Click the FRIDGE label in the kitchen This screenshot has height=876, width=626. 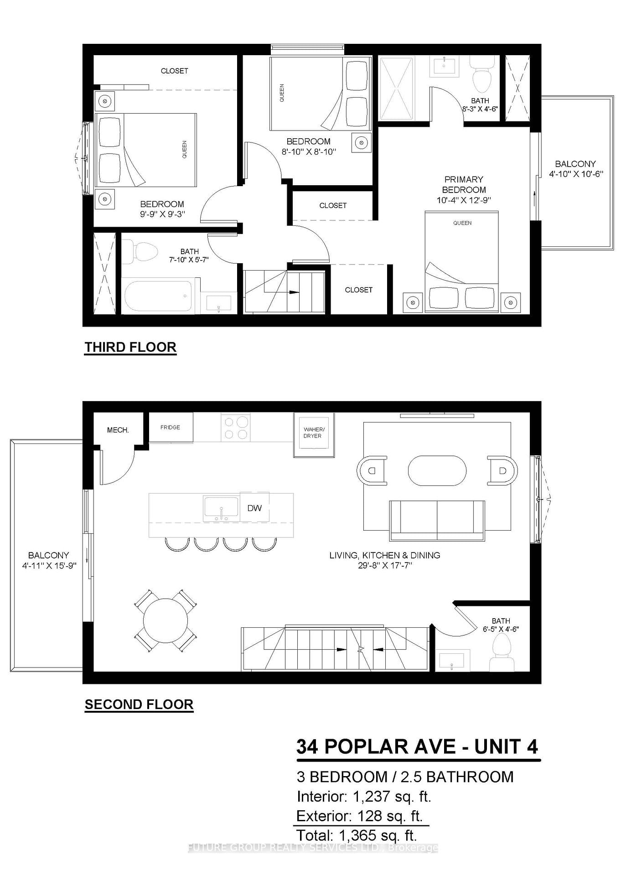click(170, 428)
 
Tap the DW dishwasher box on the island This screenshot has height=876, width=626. click(254, 508)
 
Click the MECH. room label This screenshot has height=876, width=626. click(118, 430)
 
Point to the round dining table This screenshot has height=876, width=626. click(166, 621)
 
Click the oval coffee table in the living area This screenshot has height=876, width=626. click(437, 470)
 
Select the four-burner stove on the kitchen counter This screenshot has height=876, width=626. click(235, 428)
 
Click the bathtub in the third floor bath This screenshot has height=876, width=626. click(158, 296)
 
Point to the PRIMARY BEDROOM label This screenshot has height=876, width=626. click(463, 184)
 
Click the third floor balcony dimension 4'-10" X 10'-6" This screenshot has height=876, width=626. click(576, 174)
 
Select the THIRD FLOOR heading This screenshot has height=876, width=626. click(130, 347)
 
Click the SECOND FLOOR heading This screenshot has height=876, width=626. click(139, 704)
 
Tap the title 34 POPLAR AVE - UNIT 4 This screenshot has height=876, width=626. click(417, 747)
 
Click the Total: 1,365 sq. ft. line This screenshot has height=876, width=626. click(357, 835)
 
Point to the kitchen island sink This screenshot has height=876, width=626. click(221, 509)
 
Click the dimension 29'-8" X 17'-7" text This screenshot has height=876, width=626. click(385, 565)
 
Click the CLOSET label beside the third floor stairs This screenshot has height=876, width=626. click(358, 290)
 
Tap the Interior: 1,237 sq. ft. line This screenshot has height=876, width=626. click(363, 797)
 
